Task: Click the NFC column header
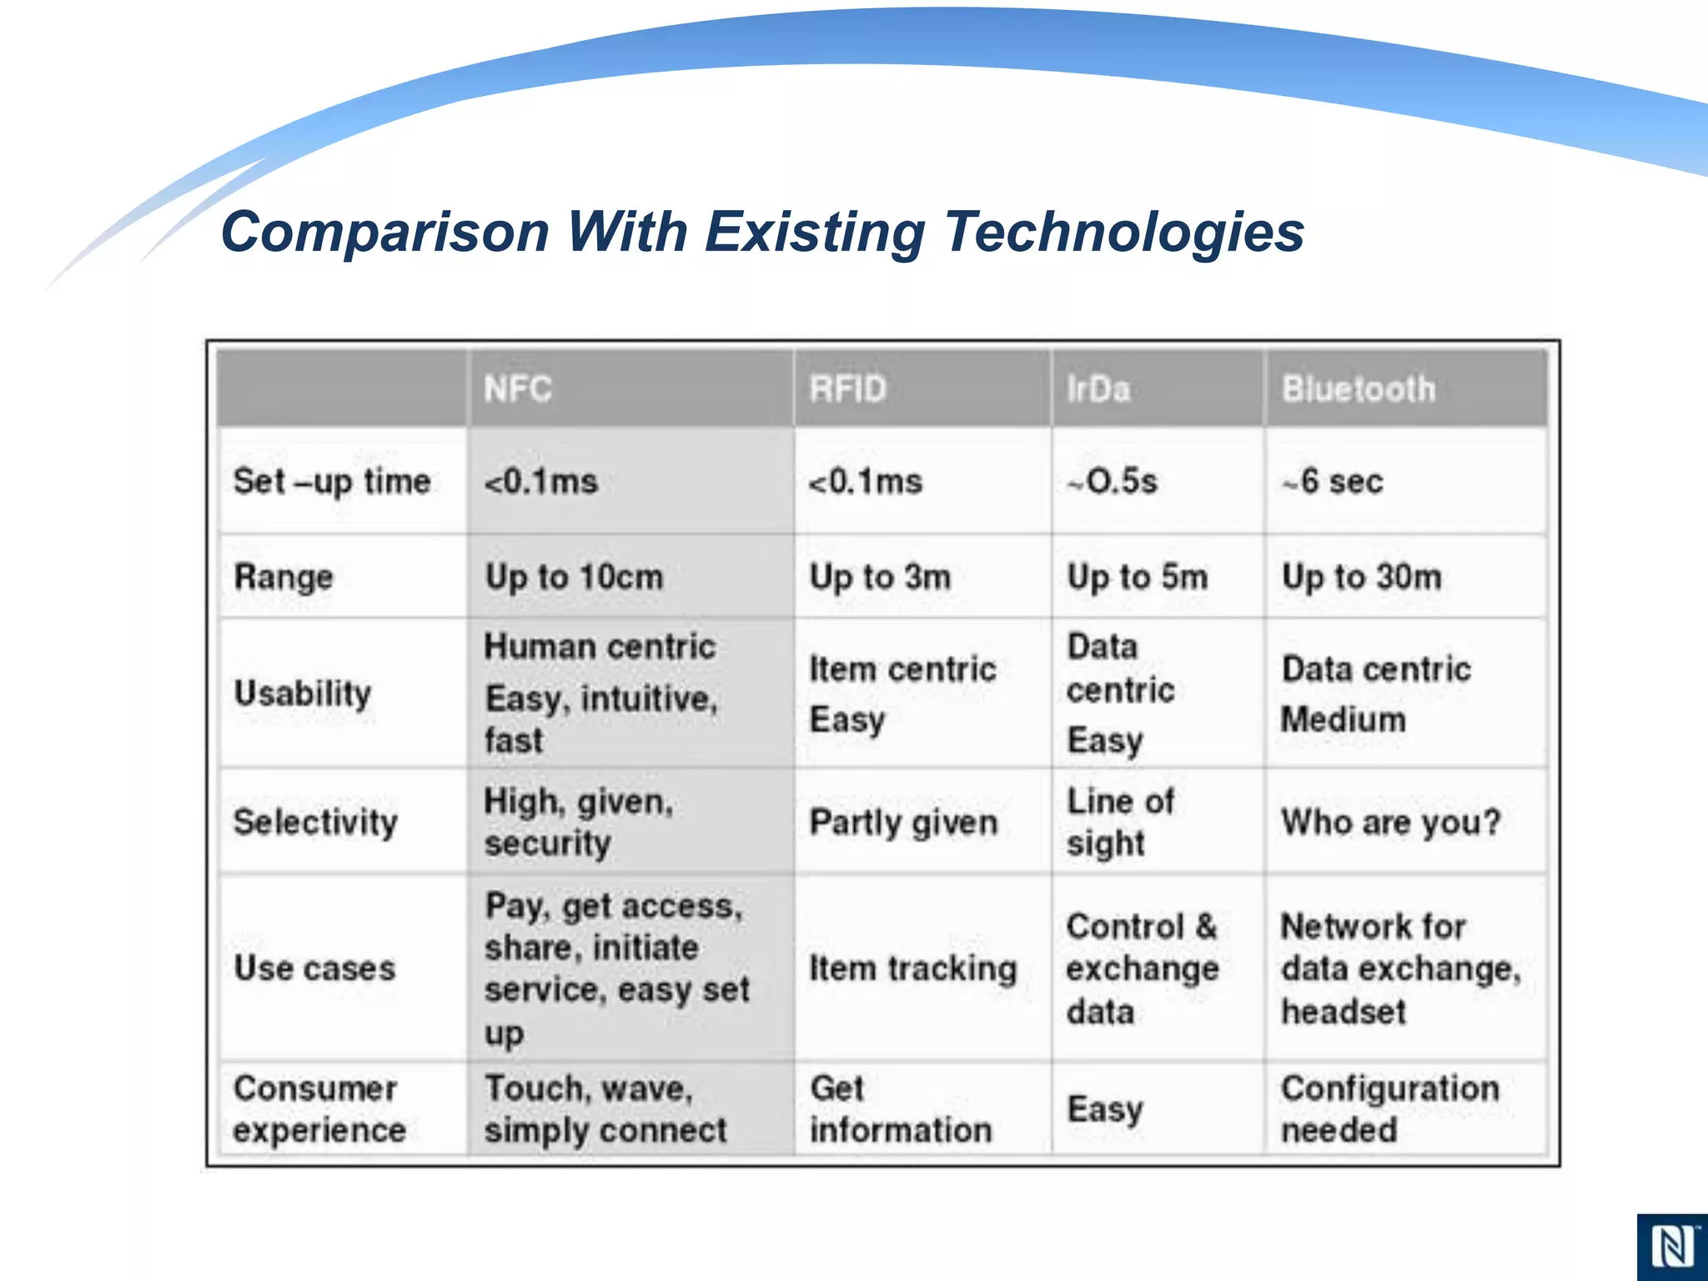tap(518, 389)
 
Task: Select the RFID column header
tap(847, 389)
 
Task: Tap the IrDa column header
tap(1098, 389)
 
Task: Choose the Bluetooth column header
tap(1359, 389)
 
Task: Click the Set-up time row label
tap(332, 482)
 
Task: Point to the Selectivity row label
tap(315, 822)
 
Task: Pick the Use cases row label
tap(314, 968)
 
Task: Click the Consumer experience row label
tap(319, 1109)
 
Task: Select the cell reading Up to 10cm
tap(574, 577)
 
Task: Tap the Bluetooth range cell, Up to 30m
tap(1361, 577)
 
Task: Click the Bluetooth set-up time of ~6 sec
tap(1333, 482)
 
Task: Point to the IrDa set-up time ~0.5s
tap(1113, 482)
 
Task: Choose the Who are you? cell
tap(1390, 822)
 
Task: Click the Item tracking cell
tap(913, 968)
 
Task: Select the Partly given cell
tap(903, 822)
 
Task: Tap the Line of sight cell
tap(1119, 822)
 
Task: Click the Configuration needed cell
tap(1389, 1109)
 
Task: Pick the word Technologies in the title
tap(1123, 232)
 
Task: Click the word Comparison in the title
tap(384, 232)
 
